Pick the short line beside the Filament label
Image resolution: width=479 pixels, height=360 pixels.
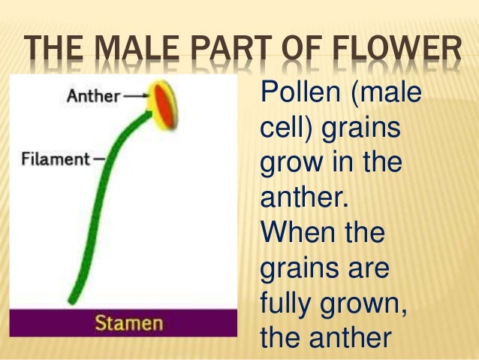point(98,159)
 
